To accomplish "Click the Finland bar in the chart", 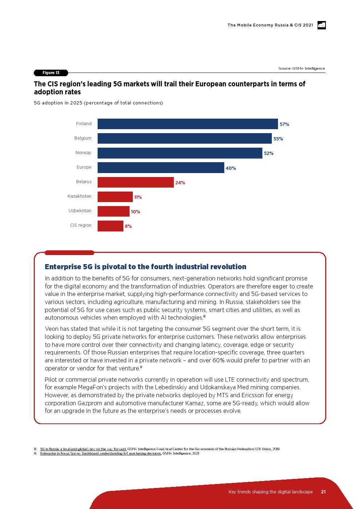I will [x=188, y=124].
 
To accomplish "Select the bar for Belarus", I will [x=135, y=182].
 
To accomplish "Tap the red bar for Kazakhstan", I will [x=115, y=197].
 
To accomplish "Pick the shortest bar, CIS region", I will [x=110, y=226].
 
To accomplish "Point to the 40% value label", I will [x=231, y=168].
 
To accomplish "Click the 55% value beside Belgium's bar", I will [x=278, y=139].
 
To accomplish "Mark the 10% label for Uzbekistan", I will [x=135, y=212].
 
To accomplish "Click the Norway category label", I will [x=83, y=153].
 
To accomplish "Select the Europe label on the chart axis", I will [x=84, y=167].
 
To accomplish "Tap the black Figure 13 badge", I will [x=51, y=73].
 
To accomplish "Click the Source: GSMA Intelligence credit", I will [x=302, y=68].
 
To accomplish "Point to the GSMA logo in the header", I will [x=322, y=25].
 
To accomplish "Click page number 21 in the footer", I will [x=323, y=492].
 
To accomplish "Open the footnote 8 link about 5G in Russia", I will [x=83, y=449].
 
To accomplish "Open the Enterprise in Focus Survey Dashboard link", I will [x=101, y=453].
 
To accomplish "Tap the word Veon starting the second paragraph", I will [x=52, y=329].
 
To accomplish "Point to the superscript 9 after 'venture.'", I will [x=141, y=367].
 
